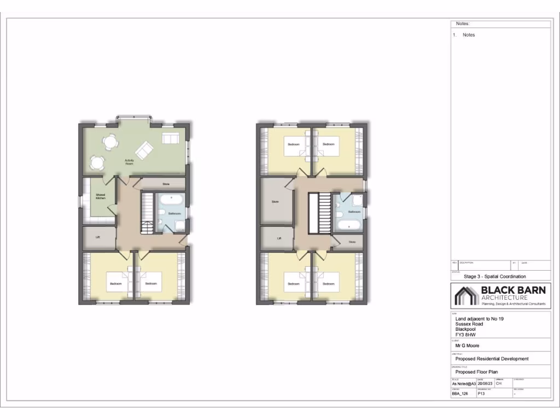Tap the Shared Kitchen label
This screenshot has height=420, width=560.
point(100,196)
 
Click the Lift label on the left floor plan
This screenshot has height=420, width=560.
point(97,237)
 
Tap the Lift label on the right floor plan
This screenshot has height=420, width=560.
point(278,238)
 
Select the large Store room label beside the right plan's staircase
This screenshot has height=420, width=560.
point(275,202)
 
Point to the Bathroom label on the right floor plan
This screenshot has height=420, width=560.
point(354,211)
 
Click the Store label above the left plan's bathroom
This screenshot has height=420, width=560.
point(166,184)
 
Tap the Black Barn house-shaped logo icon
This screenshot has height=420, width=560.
point(465,296)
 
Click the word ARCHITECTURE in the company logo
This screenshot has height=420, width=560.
point(504,297)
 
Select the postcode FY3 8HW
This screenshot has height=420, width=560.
point(466,335)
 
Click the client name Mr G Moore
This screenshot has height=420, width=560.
point(467,346)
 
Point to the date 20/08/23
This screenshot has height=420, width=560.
point(485,383)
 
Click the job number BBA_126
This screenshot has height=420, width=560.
point(460,394)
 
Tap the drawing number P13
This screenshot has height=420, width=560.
point(482,394)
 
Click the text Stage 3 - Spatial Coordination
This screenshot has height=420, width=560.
point(494,277)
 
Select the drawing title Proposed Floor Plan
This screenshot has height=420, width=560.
point(476,372)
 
